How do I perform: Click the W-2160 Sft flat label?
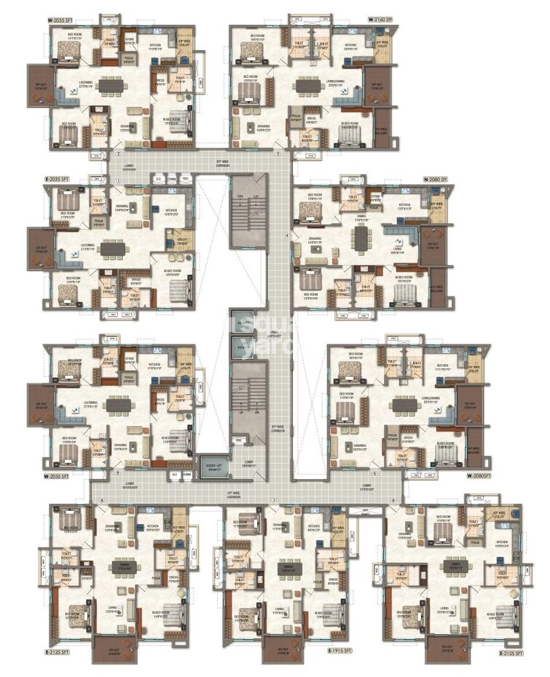(x=380, y=18)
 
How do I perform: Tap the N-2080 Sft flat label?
(x=436, y=178)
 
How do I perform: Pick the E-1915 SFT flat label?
(x=339, y=650)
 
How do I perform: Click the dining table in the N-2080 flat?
(x=361, y=238)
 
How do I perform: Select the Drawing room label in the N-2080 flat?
(x=315, y=238)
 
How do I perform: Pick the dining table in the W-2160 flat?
(x=305, y=86)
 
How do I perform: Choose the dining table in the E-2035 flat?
(x=113, y=248)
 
